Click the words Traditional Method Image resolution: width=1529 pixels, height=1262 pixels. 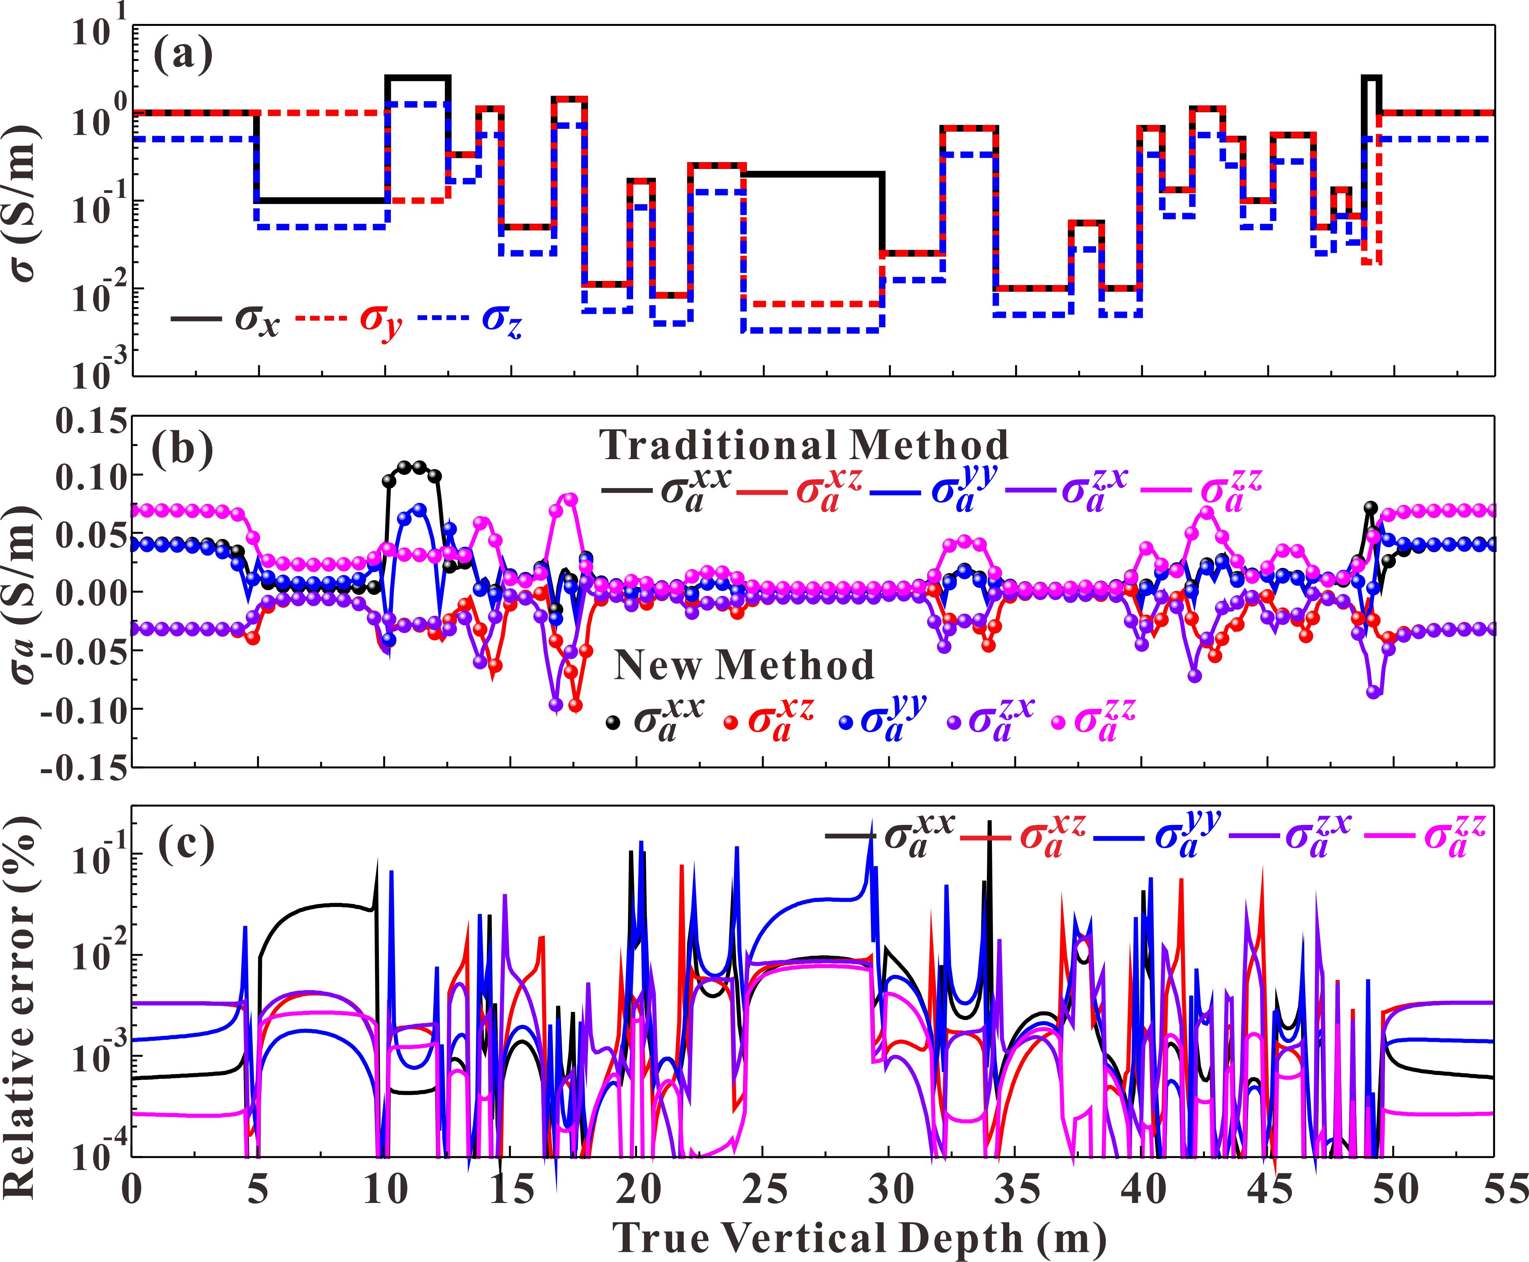803,445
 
